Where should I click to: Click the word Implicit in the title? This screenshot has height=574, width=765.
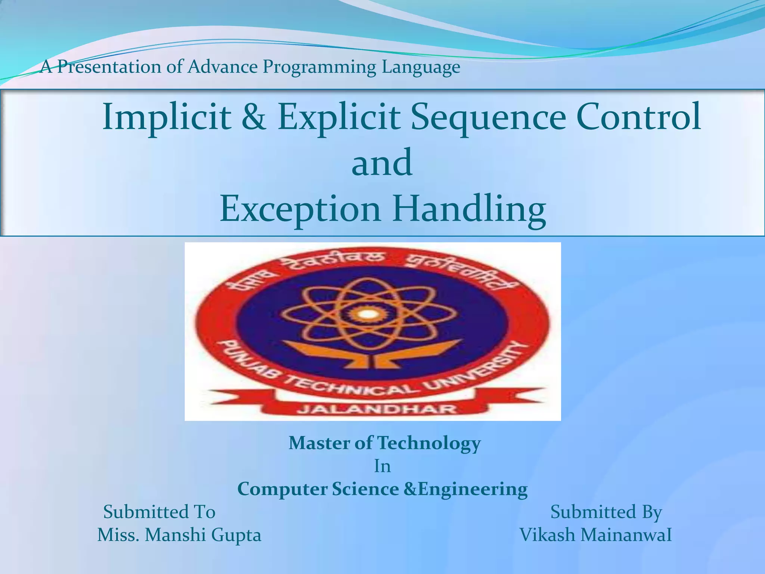[166, 117]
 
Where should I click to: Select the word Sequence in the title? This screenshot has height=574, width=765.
[489, 117]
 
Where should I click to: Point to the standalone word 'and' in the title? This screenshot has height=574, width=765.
[382, 163]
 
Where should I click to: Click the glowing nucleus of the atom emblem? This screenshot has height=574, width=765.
[368, 314]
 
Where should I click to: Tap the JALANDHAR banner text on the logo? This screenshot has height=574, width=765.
[377, 409]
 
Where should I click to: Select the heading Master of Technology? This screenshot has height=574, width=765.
[384, 444]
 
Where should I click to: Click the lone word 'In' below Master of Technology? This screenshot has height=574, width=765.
[382, 466]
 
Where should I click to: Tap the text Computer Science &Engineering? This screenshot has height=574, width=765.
[382, 489]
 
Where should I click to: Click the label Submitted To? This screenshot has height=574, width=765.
[159, 512]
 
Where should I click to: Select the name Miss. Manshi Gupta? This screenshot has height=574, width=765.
[179, 535]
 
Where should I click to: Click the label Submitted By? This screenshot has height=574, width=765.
[606, 512]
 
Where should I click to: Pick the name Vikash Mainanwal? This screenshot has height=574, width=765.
[595, 535]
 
